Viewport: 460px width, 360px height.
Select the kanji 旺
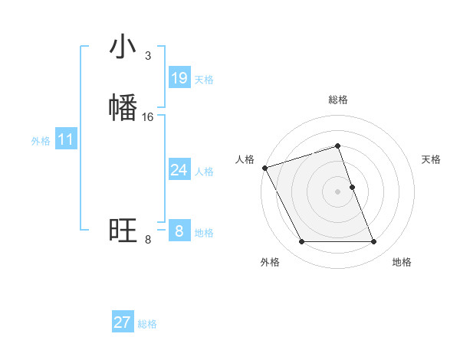[x=123, y=230]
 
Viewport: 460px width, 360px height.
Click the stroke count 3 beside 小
[x=148, y=56]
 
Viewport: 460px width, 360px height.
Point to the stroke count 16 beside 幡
[x=148, y=117]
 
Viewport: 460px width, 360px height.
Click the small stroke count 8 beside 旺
[x=148, y=240]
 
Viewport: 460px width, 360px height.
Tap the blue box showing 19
[x=179, y=78]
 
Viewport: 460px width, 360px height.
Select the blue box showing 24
[x=179, y=170]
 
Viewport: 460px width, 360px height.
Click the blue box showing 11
[x=66, y=140]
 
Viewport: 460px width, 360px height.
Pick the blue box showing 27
[x=123, y=322]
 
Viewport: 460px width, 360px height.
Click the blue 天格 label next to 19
[x=204, y=80]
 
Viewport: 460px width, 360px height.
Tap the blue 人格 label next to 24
[x=204, y=172]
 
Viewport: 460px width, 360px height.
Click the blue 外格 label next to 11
[x=41, y=141]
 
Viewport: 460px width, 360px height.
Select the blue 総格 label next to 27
[x=147, y=324]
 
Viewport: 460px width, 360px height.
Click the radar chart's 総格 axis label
[x=338, y=100]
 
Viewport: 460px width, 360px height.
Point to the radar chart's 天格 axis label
[x=432, y=159]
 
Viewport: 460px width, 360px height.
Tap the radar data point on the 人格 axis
[x=264, y=168]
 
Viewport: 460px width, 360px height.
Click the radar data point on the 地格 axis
[x=374, y=242]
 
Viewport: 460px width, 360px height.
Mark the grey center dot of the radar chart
[x=338, y=191]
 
